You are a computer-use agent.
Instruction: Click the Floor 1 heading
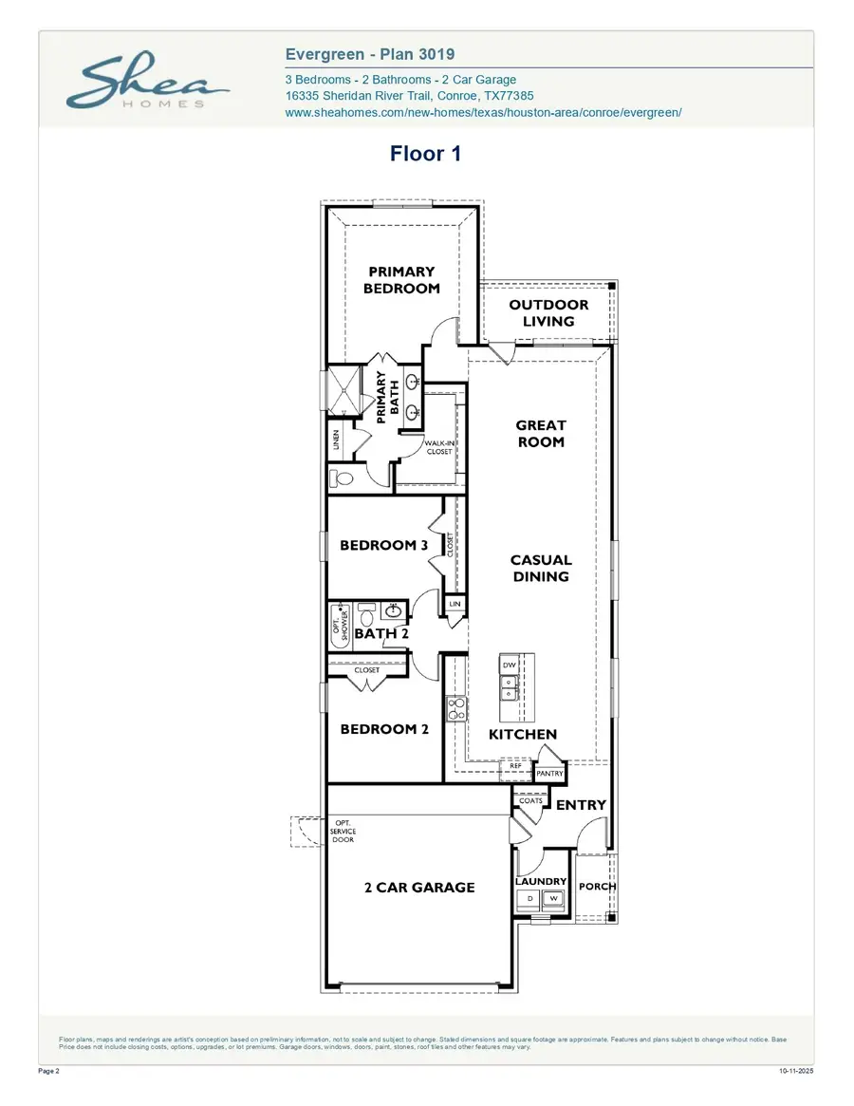coord(425,154)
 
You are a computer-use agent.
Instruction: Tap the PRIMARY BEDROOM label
coord(401,280)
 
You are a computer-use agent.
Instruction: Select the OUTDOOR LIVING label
coord(548,313)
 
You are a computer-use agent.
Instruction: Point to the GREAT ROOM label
coord(541,434)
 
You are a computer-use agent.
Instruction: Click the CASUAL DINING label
coord(541,569)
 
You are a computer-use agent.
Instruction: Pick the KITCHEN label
coord(523,735)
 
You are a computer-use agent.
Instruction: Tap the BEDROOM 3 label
coord(384,546)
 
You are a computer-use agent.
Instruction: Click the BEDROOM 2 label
coord(384,729)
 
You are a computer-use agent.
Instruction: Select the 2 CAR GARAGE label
coord(418,888)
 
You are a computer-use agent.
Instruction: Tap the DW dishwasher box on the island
coord(509,665)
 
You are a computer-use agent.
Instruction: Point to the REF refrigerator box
coord(515,765)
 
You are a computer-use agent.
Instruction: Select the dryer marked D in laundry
coord(529,898)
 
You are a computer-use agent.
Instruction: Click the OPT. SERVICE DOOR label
coord(343,832)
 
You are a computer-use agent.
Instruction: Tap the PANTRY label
coord(549,774)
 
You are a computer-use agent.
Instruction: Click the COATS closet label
coord(530,800)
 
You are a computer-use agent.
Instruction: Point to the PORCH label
coord(597,887)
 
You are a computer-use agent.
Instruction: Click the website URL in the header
coord(483,112)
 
